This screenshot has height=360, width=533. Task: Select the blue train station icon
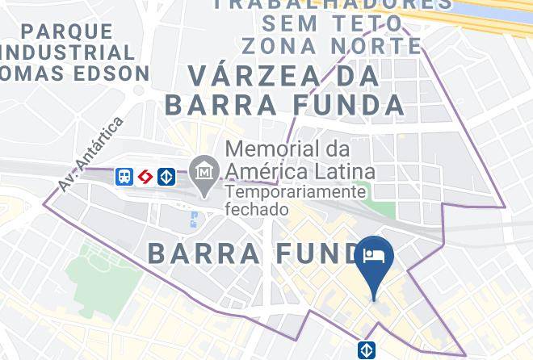pyautogui.click(x=124, y=176)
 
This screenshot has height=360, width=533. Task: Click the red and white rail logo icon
pyautogui.click(x=145, y=176)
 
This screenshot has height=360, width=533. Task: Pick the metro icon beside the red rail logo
pyautogui.click(x=166, y=176)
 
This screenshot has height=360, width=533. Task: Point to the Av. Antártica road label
pyautogui.click(x=90, y=154)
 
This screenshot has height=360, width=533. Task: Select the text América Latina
pyautogui.click(x=300, y=171)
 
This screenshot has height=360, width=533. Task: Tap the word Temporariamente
pyautogui.click(x=296, y=192)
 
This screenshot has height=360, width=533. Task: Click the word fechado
pyautogui.click(x=257, y=209)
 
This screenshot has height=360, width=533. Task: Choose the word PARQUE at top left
pyautogui.click(x=69, y=32)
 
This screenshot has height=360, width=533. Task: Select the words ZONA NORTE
pyautogui.click(x=331, y=45)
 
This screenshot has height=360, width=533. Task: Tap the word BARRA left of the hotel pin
pyautogui.click(x=204, y=253)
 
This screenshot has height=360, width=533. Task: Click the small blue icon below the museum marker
pyautogui.click(x=195, y=219)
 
